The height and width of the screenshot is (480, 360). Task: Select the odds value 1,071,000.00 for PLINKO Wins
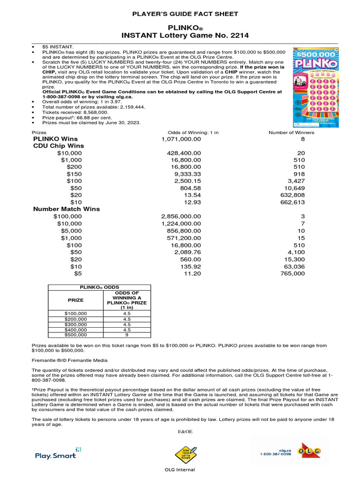click(x=181, y=139)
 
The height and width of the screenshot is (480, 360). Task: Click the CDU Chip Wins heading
click(x=58, y=146)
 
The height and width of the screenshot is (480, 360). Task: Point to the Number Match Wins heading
click(x=66, y=209)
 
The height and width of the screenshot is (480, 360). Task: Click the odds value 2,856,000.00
click(x=181, y=216)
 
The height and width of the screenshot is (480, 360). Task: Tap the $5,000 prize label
click(x=71, y=231)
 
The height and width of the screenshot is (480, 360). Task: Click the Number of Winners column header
click(x=291, y=133)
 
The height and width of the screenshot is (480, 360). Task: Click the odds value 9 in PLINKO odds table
click(x=127, y=335)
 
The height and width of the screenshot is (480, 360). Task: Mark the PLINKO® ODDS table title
click(x=100, y=287)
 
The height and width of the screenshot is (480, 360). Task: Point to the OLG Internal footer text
click(x=180, y=470)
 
